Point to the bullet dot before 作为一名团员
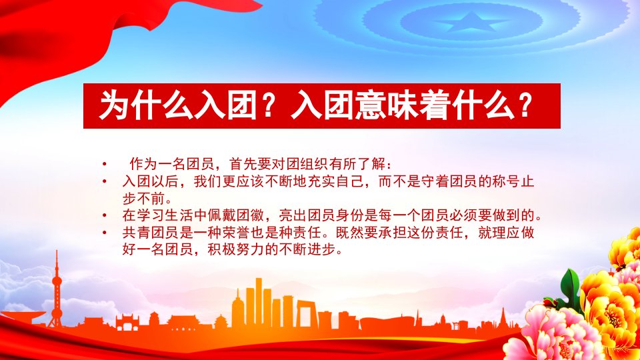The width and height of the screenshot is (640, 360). [x=105, y=165]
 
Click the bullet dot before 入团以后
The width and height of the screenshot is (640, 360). [x=105, y=181]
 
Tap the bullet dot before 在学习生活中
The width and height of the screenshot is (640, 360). [x=105, y=215]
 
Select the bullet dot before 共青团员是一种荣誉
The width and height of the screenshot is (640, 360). [x=105, y=233]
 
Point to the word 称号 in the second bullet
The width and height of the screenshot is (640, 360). [x=506, y=181]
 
